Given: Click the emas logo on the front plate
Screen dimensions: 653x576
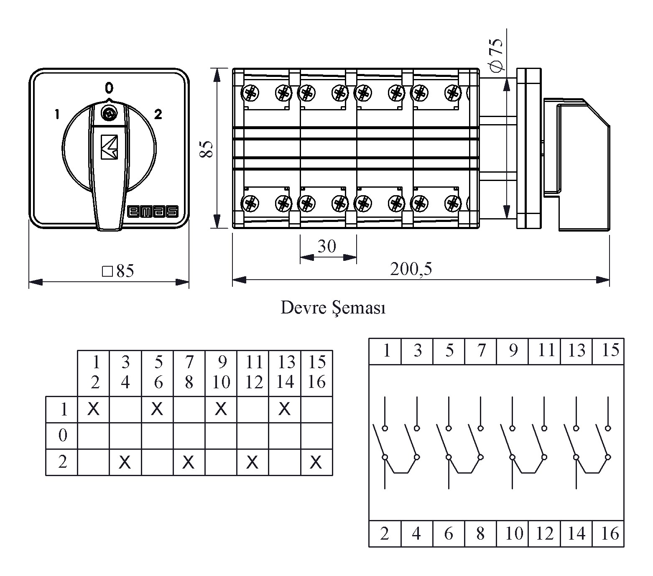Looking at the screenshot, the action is click(x=153, y=212).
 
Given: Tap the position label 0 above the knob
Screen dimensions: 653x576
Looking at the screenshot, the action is click(x=109, y=88).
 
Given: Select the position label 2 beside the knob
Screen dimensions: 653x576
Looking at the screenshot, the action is click(x=158, y=114).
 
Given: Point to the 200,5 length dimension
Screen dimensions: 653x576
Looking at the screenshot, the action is click(x=411, y=269).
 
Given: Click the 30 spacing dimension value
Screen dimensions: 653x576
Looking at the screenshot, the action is click(x=327, y=246).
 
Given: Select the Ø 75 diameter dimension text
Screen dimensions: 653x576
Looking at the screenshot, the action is click(x=496, y=56).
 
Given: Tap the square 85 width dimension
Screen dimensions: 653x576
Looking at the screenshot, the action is click(x=118, y=271).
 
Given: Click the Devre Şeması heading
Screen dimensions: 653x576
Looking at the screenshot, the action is click(x=333, y=308).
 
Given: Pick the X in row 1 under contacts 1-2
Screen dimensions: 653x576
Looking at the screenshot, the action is click(x=93, y=408).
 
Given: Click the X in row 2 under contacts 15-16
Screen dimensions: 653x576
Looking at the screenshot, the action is click(x=316, y=462).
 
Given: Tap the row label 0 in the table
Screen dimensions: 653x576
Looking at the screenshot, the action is click(x=63, y=436).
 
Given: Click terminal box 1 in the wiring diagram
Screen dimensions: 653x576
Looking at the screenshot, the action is click(x=385, y=351).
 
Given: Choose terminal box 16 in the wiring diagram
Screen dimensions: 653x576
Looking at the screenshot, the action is click(x=609, y=534).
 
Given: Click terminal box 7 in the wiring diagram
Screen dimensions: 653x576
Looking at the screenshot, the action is click(x=481, y=351).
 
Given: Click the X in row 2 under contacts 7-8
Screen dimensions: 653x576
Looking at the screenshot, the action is click(x=189, y=462).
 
